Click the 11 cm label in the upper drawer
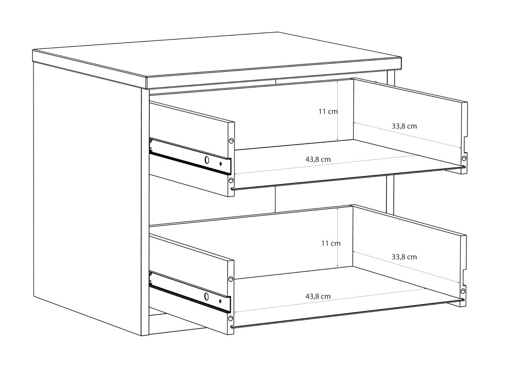tap(328, 111)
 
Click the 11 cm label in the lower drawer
tap(331, 243)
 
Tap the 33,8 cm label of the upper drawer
tap(404, 126)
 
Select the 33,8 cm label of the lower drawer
tap(404, 257)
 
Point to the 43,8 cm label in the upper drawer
tap(318, 159)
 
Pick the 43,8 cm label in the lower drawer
tap(318, 296)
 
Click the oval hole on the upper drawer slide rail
tap(207, 160)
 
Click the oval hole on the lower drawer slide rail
tap(206, 296)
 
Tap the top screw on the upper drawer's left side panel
tap(231, 140)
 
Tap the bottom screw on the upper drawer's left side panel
tap(231, 180)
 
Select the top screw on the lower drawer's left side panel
tap(231, 279)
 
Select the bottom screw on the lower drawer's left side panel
tap(231, 318)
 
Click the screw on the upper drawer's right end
tap(464, 158)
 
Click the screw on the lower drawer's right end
tap(463, 291)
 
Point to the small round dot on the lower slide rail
tap(220, 301)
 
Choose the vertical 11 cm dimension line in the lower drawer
tap(337, 238)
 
